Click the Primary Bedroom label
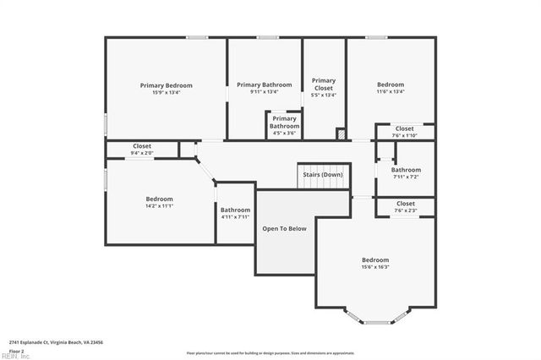[x=166, y=85]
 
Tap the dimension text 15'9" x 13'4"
[x=166, y=92]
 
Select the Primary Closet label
[x=324, y=85]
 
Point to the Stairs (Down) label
[x=323, y=174]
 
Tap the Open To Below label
[x=284, y=228]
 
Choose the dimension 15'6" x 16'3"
[x=375, y=267]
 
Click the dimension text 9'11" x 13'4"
[x=264, y=92]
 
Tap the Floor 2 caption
[x=16, y=350]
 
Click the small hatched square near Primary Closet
[x=341, y=134]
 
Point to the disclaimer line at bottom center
[x=270, y=353]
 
